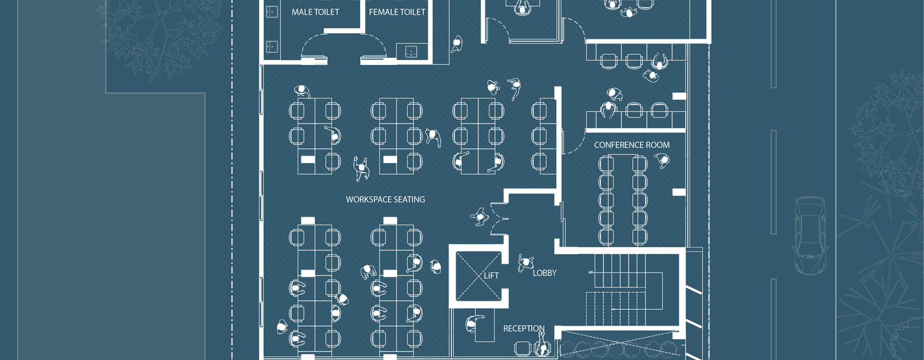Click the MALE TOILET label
coord(315,12)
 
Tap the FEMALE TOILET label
coord(397,12)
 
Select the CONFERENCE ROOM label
coord(632,145)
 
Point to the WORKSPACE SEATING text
coord(385,199)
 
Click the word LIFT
coord(491,276)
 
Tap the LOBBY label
coord(544,273)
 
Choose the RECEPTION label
coord(524,329)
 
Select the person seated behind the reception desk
coord(472,324)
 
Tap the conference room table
coord(623,199)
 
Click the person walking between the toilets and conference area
coord(457,43)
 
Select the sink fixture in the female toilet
coord(407,51)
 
